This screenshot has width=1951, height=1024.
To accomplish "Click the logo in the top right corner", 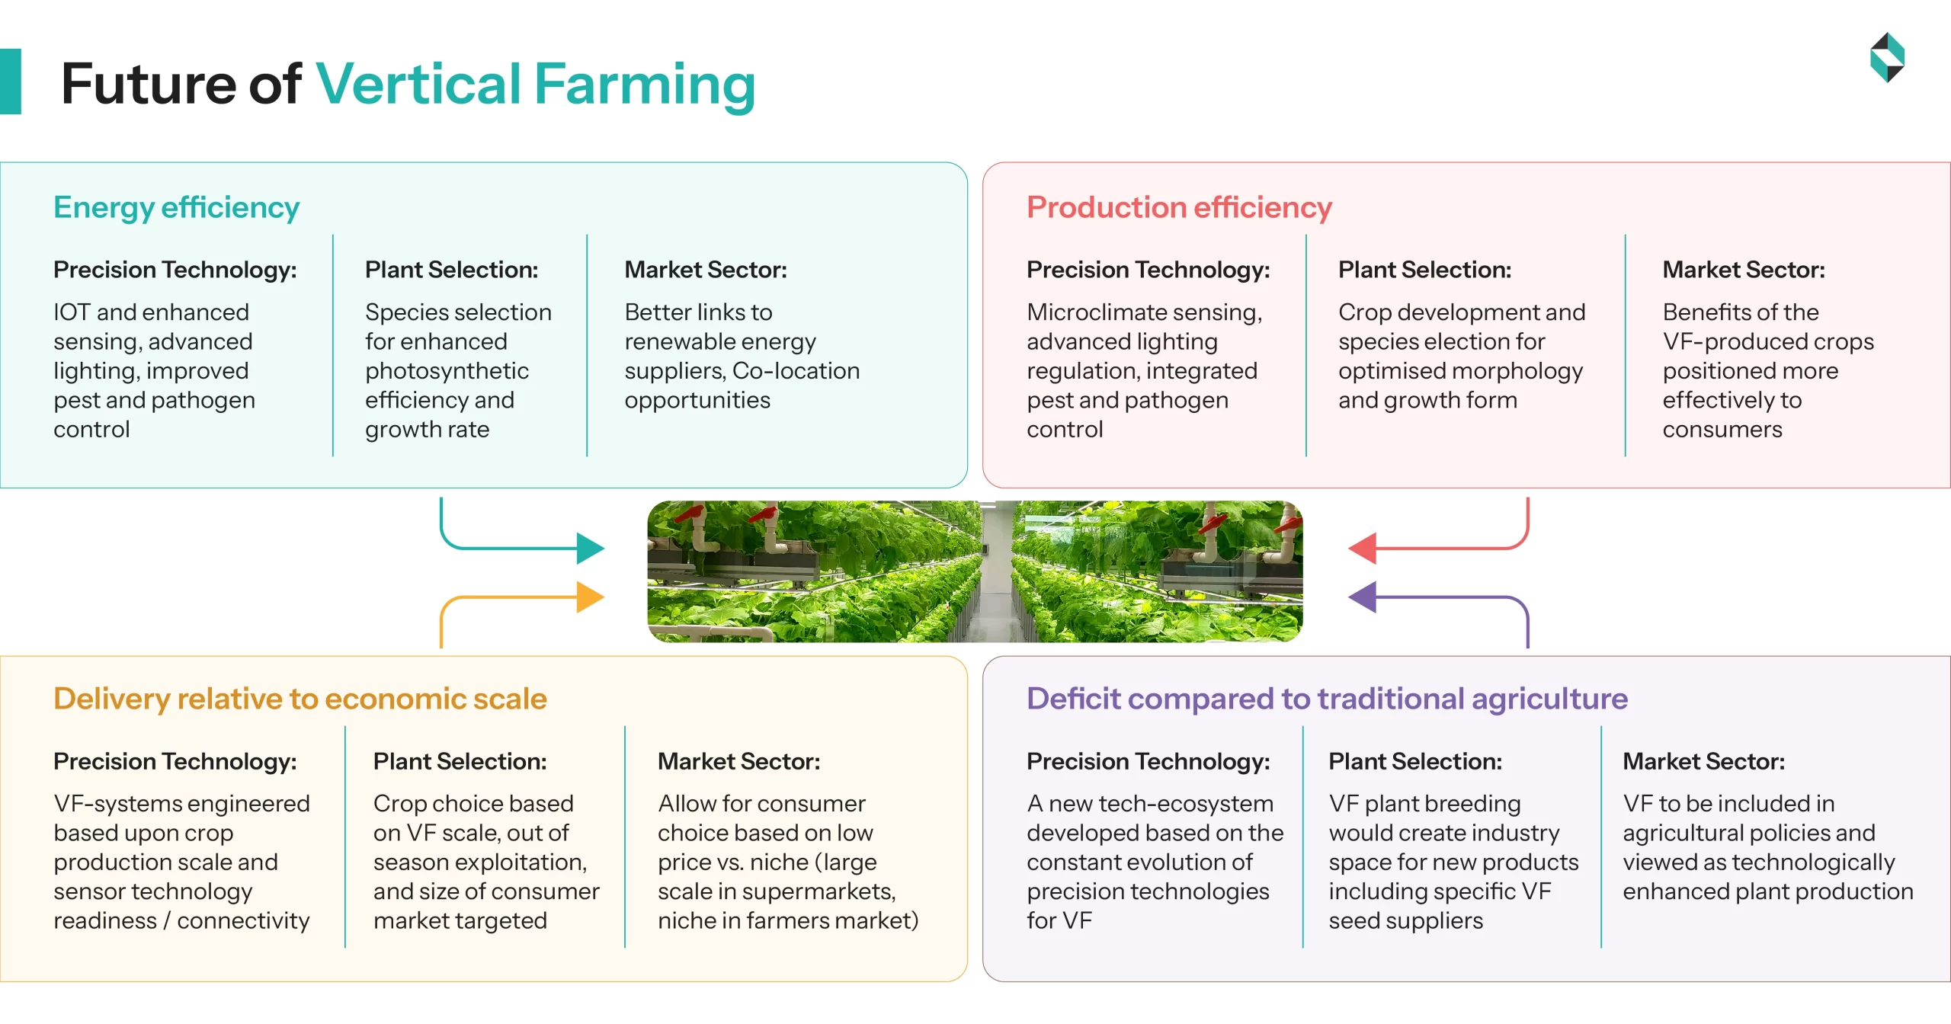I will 1887,57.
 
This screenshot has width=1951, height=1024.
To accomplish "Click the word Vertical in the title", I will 418,84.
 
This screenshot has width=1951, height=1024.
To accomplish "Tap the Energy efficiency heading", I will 176,207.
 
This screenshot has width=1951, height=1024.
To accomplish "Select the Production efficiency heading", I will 1179,207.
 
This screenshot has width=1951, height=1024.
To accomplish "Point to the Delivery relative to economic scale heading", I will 300,699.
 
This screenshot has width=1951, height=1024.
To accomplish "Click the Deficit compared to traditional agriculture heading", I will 1327,699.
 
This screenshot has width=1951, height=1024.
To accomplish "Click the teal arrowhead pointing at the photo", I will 589,548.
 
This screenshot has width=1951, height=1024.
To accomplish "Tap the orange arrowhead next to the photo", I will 589,597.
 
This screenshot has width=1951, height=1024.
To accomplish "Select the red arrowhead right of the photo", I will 1363,548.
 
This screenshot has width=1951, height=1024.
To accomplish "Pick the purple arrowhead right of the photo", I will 1363,597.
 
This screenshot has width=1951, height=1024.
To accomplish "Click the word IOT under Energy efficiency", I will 72,312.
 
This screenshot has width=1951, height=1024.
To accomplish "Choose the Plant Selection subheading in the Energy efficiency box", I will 451,270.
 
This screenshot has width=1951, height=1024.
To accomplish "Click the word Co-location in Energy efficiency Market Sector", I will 796,371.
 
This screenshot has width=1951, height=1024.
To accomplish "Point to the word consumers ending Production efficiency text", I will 1722,430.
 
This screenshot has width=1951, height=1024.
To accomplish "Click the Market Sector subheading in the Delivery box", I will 738,761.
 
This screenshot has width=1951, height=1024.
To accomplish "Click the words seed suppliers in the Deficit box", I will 1405,921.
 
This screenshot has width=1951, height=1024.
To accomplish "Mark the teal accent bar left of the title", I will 10,82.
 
